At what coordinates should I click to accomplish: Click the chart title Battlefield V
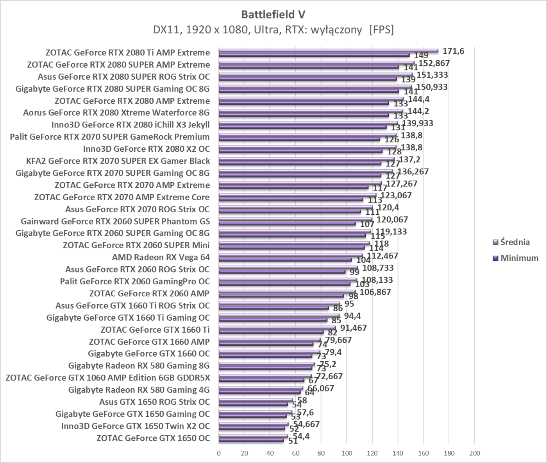(273, 14)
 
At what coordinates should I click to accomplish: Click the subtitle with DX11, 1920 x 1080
(273, 30)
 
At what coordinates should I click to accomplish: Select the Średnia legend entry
(515, 242)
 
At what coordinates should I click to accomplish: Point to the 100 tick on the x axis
(347, 453)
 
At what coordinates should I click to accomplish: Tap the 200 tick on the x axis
(474, 453)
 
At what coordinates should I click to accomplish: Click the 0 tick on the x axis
(219, 453)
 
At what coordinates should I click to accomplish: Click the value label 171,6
(453, 51)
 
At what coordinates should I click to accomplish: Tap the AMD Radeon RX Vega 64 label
(161, 257)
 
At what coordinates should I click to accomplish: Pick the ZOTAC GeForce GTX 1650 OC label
(153, 438)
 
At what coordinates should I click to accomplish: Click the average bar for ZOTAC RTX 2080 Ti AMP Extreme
(328, 50)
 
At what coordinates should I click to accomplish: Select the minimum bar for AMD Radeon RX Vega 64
(285, 260)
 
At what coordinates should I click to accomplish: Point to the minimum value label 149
(421, 56)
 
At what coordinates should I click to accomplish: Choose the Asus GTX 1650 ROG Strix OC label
(154, 402)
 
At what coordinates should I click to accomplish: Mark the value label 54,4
(301, 436)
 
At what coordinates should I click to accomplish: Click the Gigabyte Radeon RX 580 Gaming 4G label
(139, 390)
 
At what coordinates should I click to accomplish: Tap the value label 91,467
(354, 328)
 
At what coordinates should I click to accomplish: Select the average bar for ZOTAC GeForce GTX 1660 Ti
(277, 328)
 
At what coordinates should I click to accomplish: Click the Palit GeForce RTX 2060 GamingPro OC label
(135, 282)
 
